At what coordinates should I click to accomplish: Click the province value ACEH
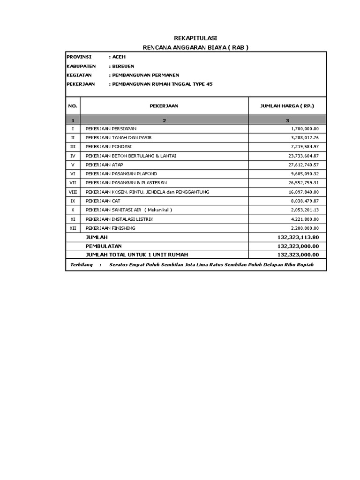tap(115, 57)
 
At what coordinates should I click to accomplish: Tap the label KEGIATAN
tap(79, 75)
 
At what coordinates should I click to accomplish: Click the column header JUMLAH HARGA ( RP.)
tap(287, 106)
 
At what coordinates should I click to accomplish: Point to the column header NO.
tap(73, 106)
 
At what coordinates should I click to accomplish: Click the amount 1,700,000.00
tap(305, 128)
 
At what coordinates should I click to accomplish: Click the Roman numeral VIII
tap(73, 192)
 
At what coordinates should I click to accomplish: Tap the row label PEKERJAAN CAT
tap(103, 201)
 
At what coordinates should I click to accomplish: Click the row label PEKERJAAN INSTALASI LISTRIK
tap(119, 219)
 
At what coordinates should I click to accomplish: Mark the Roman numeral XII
tap(73, 228)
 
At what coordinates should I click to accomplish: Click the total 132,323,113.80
tap(298, 237)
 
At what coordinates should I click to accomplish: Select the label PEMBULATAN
tap(103, 246)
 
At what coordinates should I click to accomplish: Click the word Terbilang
tap(81, 265)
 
